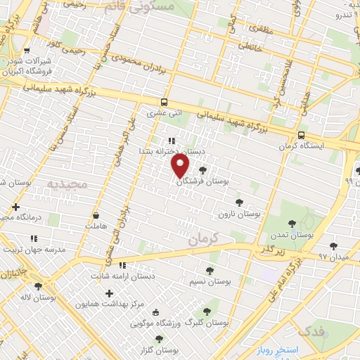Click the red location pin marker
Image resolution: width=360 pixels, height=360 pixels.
181,166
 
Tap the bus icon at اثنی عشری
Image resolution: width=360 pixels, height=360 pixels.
164,101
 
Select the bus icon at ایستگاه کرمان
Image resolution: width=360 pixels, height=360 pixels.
301,135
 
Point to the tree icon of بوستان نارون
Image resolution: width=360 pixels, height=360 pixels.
239,202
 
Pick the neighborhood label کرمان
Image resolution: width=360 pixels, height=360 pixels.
205,239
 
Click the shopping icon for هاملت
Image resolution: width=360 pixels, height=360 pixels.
96,216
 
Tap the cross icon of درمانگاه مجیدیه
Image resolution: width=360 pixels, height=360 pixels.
15,207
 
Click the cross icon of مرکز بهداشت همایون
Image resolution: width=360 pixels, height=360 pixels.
109,293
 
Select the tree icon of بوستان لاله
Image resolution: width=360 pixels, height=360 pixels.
37,285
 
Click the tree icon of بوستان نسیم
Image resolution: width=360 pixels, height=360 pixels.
210,270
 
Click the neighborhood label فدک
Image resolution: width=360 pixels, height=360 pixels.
310,330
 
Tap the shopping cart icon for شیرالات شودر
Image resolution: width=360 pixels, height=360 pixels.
27,51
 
